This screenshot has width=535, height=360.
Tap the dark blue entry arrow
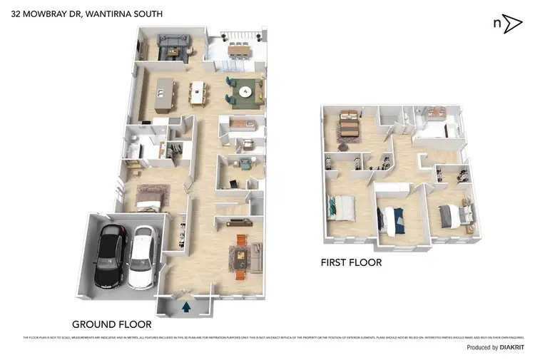[x=186, y=307]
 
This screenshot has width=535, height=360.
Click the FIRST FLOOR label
[x=351, y=263]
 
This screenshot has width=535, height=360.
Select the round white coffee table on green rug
[x=245, y=91]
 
